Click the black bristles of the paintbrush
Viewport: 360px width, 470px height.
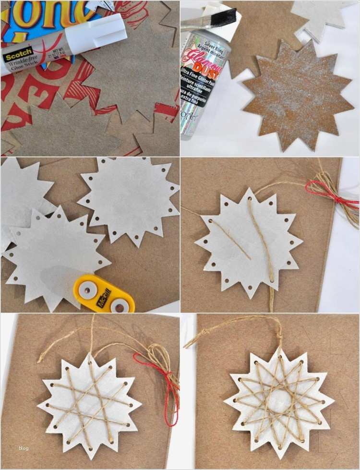(x=225, y=16)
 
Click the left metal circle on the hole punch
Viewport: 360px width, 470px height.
(x=87, y=288)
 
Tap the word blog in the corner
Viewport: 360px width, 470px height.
(x=24, y=448)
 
